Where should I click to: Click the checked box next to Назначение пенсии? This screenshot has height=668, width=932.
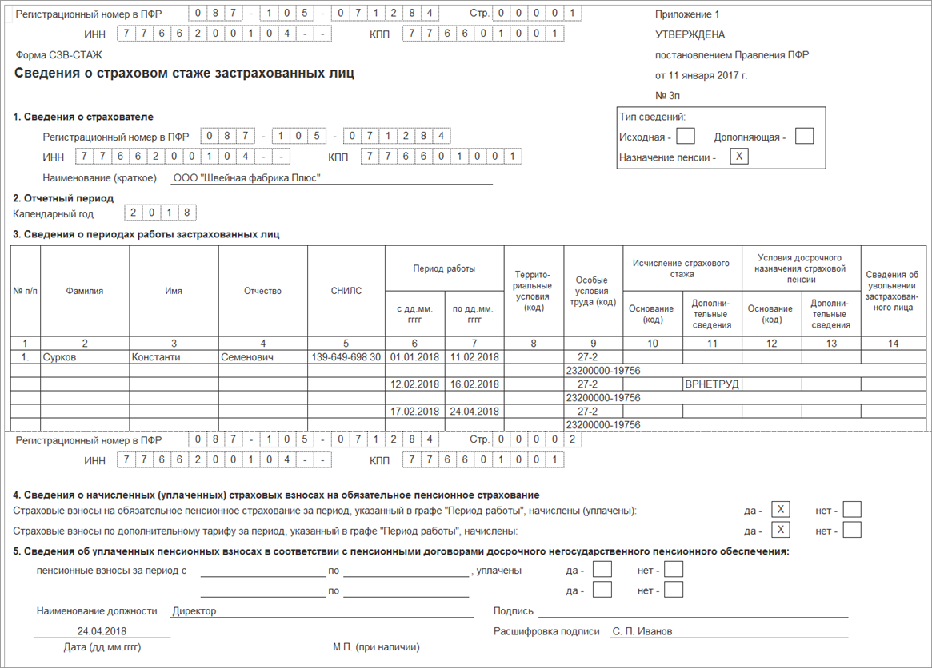coord(740,157)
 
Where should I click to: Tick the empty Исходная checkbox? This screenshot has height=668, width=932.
coord(686,137)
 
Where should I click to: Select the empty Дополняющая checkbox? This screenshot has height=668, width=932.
coord(804,137)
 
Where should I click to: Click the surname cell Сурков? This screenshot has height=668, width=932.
coord(60,357)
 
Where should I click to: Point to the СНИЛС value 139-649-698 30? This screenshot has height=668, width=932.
coord(346,357)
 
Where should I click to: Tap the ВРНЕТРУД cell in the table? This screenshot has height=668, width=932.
coord(712,384)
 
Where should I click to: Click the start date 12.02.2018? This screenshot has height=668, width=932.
coord(414,384)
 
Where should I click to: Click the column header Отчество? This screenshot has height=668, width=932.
coord(262,291)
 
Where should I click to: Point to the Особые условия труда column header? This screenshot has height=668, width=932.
coord(593,292)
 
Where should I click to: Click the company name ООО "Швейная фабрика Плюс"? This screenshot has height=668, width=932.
coord(246,178)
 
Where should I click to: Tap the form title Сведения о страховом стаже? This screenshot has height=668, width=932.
coord(184,74)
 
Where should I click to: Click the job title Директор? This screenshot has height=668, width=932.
coord(194,611)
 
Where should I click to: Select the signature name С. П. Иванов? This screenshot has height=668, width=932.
coord(642,631)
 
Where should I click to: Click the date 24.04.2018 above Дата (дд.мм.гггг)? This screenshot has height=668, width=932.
coord(102,630)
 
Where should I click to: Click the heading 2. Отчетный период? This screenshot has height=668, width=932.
coord(64,198)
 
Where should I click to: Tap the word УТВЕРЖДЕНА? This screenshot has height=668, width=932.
coord(690,35)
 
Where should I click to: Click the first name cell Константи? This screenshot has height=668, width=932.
coord(158,357)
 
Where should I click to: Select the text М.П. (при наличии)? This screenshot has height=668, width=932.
coord(376,647)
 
